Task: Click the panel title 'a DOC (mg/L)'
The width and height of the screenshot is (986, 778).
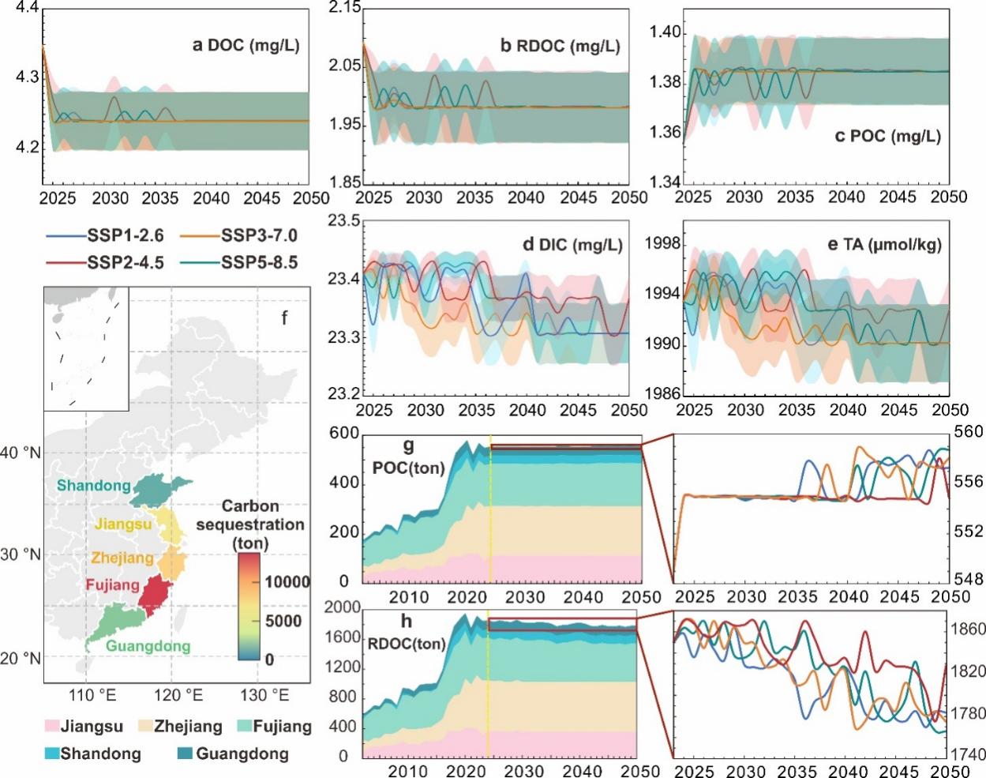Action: pyautogui.click(x=246, y=45)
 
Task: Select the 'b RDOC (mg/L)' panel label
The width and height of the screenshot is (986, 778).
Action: pyautogui.click(x=560, y=46)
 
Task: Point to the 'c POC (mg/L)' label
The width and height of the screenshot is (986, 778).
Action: pyautogui.click(x=887, y=136)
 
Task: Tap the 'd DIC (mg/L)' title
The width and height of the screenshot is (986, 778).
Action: pyautogui.click(x=572, y=245)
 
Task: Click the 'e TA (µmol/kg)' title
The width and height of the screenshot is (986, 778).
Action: pyautogui.click(x=884, y=245)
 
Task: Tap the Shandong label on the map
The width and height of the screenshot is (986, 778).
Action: pyautogui.click(x=93, y=485)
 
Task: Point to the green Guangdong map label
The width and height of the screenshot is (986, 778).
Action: pyautogui.click(x=148, y=646)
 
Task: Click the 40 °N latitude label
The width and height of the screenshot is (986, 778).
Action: pyautogui.click(x=21, y=453)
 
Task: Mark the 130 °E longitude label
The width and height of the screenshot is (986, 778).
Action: pyautogui.click(x=264, y=695)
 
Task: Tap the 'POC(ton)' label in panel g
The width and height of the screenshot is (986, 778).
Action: pyautogui.click(x=408, y=468)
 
